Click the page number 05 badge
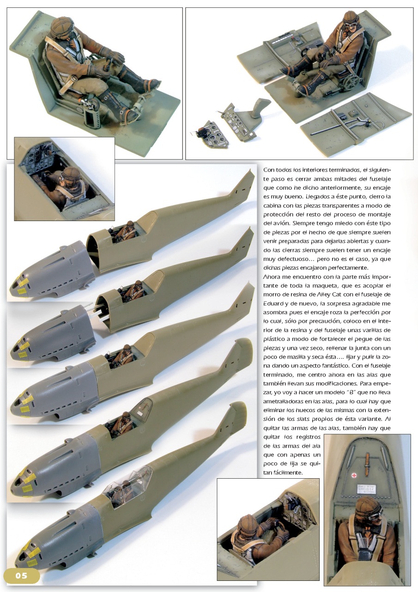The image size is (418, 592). (x=21, y=576)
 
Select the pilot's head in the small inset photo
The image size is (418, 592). (x=71, y=177)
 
